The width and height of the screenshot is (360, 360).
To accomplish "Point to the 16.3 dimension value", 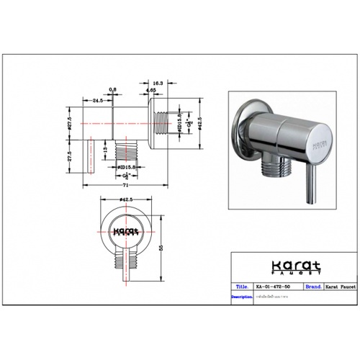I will click(157, 84).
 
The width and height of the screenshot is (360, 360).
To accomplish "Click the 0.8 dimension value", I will click(112, 90).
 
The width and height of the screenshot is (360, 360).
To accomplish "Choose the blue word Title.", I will click(243, 285).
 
